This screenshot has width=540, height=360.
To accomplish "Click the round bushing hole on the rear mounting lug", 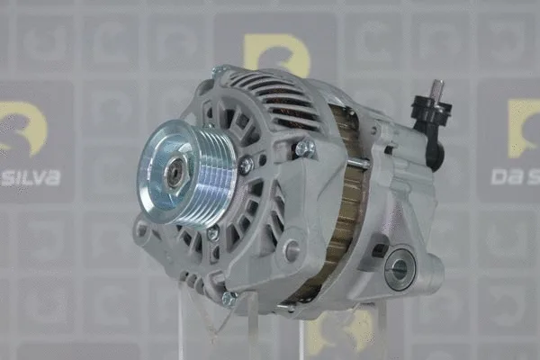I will (400, 267).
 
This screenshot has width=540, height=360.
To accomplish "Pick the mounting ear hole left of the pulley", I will (141, 229).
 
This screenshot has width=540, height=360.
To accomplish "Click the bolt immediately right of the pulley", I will (245, 165).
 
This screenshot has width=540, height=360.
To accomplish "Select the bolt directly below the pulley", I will (212, 233).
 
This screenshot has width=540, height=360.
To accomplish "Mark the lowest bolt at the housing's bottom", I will (229, 298).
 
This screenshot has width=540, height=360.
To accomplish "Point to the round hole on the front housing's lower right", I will (291, 251).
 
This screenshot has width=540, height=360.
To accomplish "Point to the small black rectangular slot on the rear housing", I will (379, 250).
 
